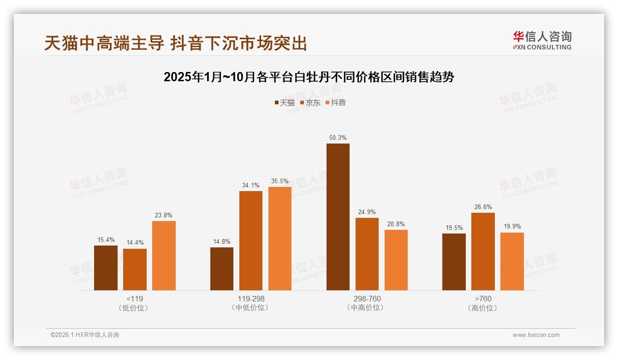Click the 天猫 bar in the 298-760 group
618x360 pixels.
point(338,217)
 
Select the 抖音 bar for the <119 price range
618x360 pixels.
point(164,256)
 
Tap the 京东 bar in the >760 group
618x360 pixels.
point(483,252)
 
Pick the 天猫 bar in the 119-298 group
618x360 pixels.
point(222,269)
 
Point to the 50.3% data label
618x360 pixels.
point(338,138)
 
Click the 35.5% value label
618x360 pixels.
point(280,181)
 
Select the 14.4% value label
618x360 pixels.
point(135,243)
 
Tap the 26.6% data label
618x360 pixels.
point(483,207)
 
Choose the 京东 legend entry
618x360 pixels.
point(310,102)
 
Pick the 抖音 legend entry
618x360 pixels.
point(336,102)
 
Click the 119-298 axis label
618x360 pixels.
point(251,299)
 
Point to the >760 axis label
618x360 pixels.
point(483,299)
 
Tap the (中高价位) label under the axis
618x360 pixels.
point(367,308)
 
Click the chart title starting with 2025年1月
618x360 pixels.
point(309,77)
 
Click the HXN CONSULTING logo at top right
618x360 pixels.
point(542,41)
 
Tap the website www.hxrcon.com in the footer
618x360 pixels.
point(536,335)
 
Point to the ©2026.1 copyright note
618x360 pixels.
point(85,335)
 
